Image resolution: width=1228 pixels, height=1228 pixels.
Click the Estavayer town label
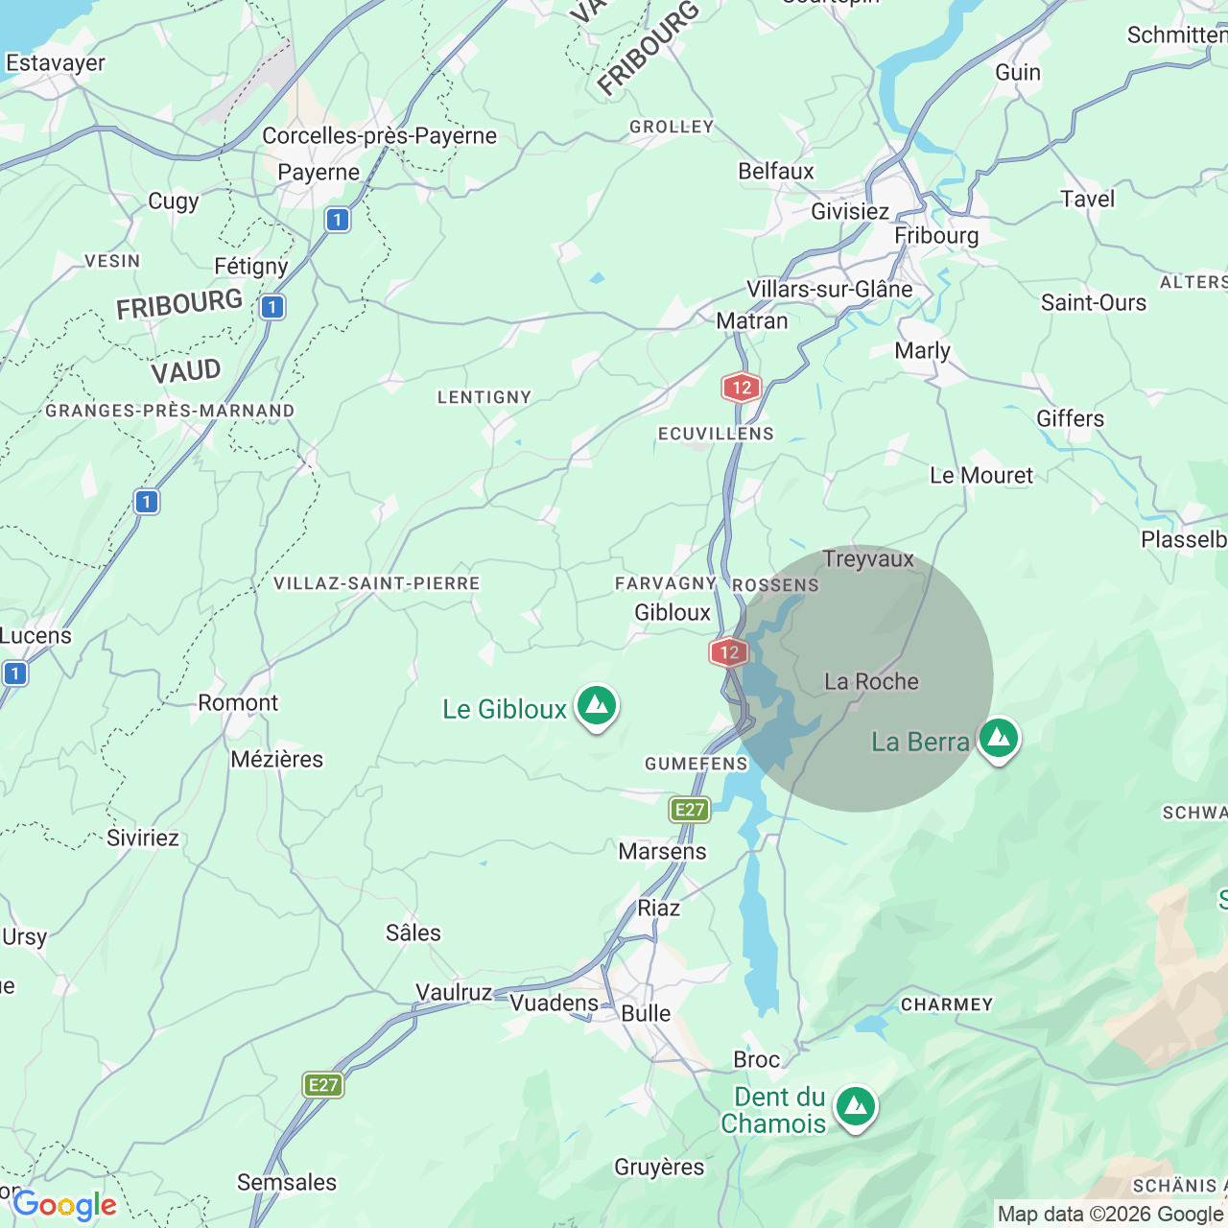pyautogui.click(x=56, y=63)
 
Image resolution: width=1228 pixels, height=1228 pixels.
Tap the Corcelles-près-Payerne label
pyautogui.click(x=379, y=136)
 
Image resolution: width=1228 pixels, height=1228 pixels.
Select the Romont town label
pyautogui.click(x=238, y=703)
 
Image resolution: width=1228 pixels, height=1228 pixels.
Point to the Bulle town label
pyautogui.click(x=646, y=1014)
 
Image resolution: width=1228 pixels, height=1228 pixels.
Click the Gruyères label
pyautogui.click(x=659, y=1168)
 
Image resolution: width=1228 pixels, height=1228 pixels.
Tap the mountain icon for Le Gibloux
pyautogui.click(x=597, y=707)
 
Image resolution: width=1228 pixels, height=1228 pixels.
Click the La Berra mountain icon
pyautogui.click(x=999, y=739)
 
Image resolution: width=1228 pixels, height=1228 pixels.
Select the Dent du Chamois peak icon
pyautogui.click(x=855, y=1108)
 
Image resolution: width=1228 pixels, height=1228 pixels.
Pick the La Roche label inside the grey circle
pyautogui.click(x=871, y=682)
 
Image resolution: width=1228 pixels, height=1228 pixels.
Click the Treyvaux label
pyautogui.click(x=868, y=559)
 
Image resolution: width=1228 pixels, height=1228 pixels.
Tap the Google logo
pyautogui.click(x=65, y=1205)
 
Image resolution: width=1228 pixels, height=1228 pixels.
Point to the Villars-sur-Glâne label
pyautogui.click(x=830, y=290)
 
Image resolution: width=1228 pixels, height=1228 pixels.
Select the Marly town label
pyautogui.click(x=922, y=351)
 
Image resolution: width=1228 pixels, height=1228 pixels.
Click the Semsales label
pyautogui.click(x=287, y=1183)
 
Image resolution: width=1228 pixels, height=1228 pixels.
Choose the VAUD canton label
pyautogui.click(x=186, y=371)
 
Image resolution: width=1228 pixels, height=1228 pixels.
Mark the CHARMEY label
pyautogui.click(x=946, y=1004)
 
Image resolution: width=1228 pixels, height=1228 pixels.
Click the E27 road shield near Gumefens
pyautogui.click(x=690, y=810)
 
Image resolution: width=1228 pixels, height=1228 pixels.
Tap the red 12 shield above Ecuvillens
pyautogui.click(x=741, y=388)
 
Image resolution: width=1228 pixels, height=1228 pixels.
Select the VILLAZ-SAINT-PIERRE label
pyautogui.click(x=376, y=583)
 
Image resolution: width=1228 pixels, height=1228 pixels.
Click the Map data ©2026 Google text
pyautogui.click(x=1110, y=1215)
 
